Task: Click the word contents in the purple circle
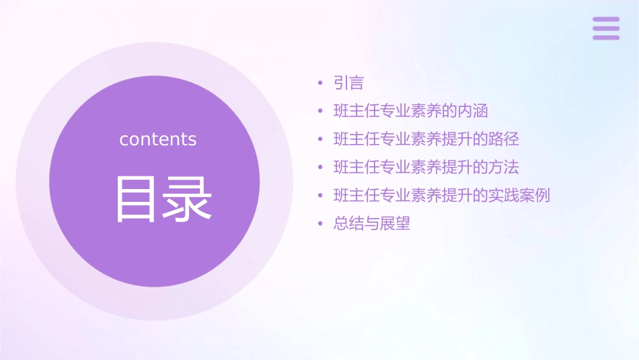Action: coord(158,139)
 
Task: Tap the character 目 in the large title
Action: coord(137,199)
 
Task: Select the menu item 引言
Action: coord(348,83)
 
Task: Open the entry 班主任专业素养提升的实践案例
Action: coord(442,196)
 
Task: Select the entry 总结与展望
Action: coord(372,224)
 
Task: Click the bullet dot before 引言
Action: coord(321,83)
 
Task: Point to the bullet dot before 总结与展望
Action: coord(321,224)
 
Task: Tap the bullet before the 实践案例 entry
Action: coord(321,196)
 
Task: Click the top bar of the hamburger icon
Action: coord(606,20)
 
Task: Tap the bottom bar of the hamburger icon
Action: coord(606,37)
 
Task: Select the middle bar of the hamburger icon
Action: coord(606,28)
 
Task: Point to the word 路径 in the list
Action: coord(504,139)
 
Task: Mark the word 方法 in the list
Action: coord(504,167)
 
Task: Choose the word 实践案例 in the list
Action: coord(519,196)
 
